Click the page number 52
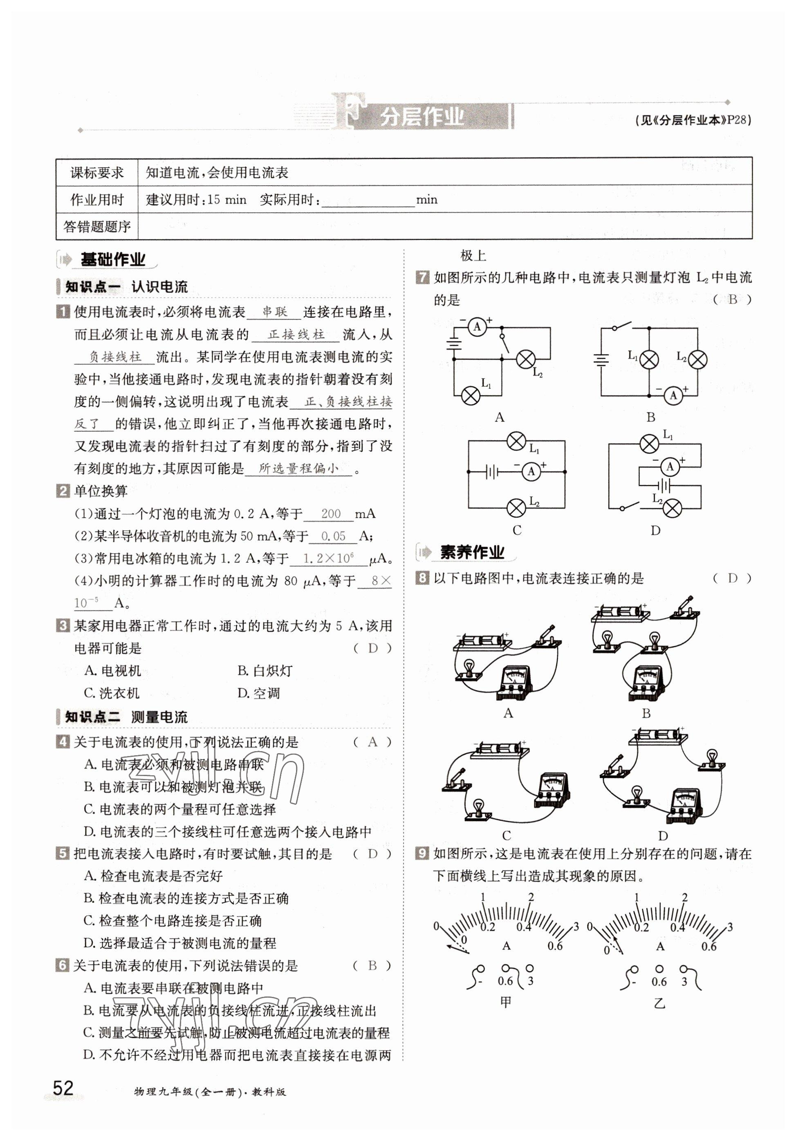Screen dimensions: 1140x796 (x=63, y=1087)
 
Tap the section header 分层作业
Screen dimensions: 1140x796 (x=422, y=117)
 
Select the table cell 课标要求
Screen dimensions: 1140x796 (x=97, y=173)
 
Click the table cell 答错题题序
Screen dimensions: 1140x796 (x=97, y=227)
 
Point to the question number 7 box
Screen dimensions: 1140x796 (x=422, y=277)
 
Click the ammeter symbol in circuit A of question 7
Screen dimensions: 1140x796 (x=477, y=326)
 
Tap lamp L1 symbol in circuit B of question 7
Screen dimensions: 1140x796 (x=648, y=359)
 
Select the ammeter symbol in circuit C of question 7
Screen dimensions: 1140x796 (x=531, y=471)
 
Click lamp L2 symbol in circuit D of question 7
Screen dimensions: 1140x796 (x=672, y=508)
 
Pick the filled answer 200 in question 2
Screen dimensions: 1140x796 (x=331, y=514)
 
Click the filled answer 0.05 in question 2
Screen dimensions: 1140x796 (x=333, y=536)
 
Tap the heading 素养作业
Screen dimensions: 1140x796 (x=472, y=552)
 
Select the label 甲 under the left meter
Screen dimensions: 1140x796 (x=505, y=1002)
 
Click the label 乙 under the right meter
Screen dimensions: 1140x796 (x=659, y=1003)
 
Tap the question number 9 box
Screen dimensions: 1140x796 (x=422, y=853)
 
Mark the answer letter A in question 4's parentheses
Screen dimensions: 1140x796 (x=372, y=742)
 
